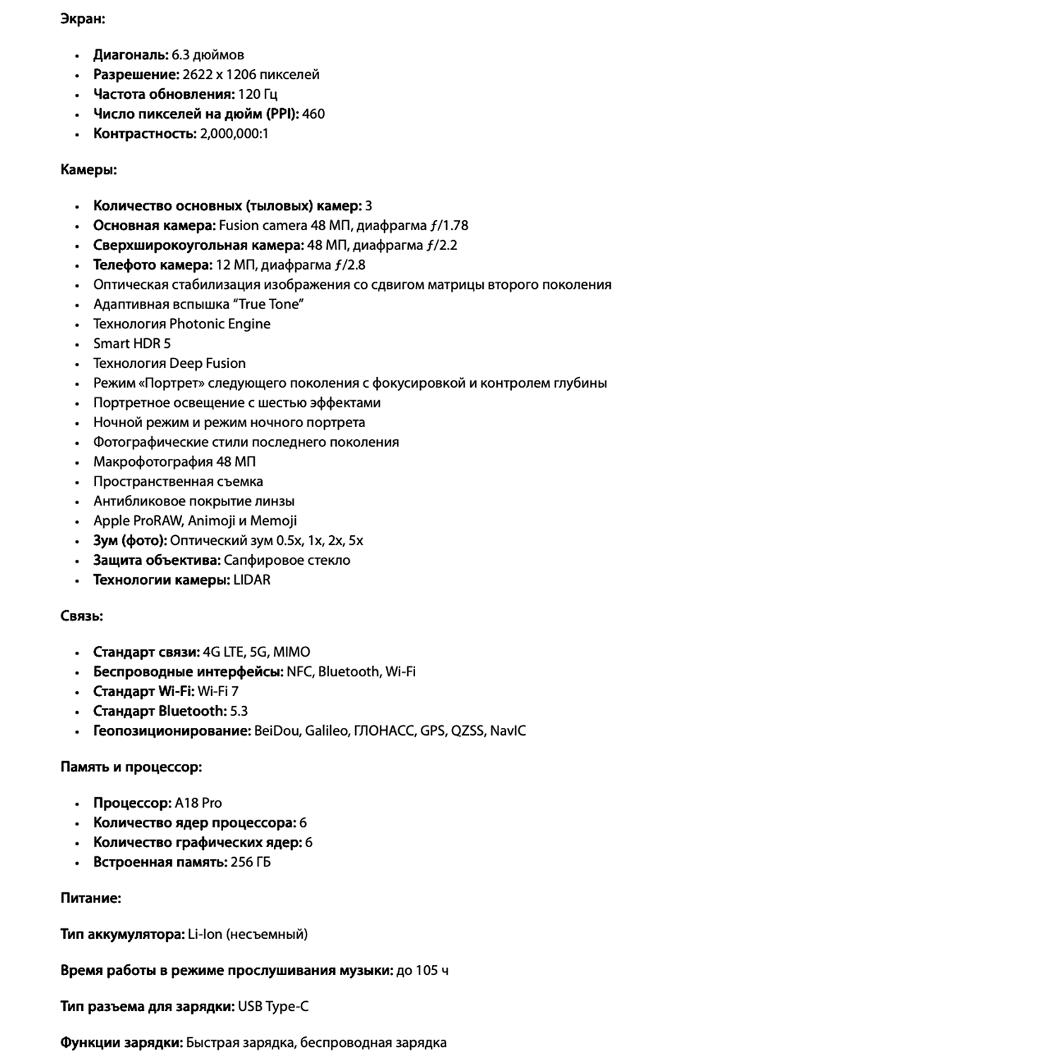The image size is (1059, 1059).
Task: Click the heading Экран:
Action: (83, 19)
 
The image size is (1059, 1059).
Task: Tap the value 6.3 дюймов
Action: (208, 55)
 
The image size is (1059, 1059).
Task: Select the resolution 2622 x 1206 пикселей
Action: (251, 75)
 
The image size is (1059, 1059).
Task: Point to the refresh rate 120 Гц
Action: (258, 95)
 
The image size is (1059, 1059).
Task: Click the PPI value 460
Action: (313, 114)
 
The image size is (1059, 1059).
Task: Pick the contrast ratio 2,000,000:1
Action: (234, 134)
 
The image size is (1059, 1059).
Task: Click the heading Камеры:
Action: (88, 170)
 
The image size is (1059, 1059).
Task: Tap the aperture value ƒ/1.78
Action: (448, 226)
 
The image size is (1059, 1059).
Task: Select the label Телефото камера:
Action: (152, 265)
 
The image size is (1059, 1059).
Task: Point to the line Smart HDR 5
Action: (132, 344)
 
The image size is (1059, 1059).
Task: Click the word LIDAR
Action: (252, 580)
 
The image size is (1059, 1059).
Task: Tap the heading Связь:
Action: (81, 616)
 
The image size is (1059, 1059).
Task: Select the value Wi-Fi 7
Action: (218, 692)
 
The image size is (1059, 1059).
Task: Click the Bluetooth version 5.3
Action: (239, 712)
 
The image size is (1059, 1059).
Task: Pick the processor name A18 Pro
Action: (198, 803)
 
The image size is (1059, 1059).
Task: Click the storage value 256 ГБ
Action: (251, 863)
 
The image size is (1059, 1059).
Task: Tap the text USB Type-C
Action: (273, 1007)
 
